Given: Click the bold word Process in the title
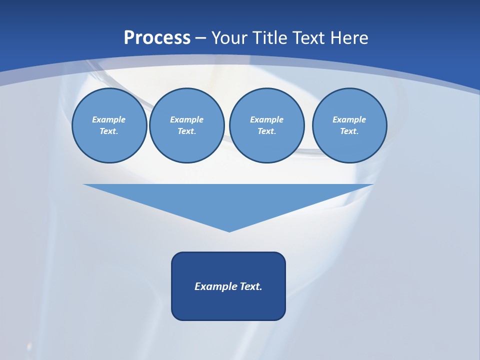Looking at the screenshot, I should click(157, 38).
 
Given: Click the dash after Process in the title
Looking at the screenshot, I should click(200, 38).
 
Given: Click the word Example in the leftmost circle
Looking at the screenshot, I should click(109, 119).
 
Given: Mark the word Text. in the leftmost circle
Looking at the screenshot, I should click(109, 131).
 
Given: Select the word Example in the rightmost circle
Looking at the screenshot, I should click(349, 119).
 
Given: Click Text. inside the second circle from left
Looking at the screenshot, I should click(186, 131).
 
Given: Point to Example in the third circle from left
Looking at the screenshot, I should click(266, 119).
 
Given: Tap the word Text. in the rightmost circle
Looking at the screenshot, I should click(349, 131).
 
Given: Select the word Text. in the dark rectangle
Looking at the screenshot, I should click(251, 286).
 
